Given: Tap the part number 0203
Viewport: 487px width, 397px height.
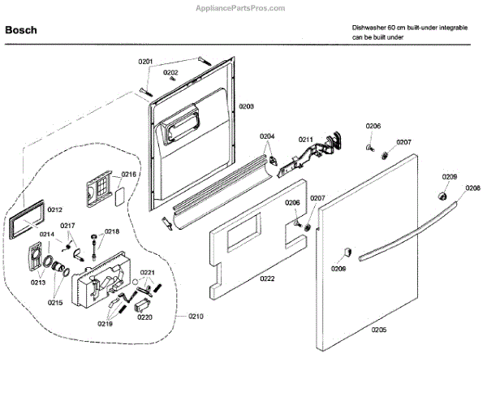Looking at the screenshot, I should click(246, 107).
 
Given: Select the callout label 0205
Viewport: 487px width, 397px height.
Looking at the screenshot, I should click(379, 330).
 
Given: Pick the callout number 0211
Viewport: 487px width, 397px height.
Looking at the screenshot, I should click(305, 140).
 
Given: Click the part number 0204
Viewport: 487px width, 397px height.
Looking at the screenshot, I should click(267, 136).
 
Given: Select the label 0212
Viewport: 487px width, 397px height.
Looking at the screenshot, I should click(54, 209).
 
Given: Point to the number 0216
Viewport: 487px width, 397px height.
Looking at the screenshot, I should click(129, 175).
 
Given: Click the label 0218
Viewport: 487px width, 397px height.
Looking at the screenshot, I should click(111, 231).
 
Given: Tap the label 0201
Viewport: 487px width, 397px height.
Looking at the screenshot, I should click(145, 62).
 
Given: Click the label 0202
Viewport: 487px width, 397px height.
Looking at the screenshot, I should click(170, 72).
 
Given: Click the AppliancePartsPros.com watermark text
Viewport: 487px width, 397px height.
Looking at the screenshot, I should click(243, 6).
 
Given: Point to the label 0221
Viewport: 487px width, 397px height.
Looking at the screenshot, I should click(147, 272).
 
